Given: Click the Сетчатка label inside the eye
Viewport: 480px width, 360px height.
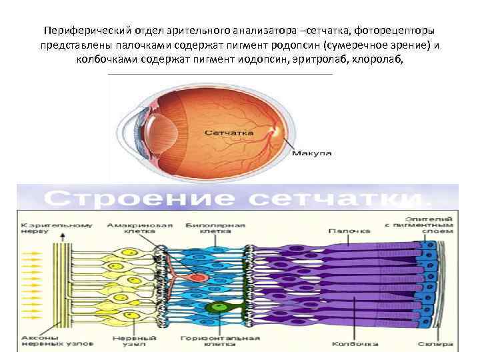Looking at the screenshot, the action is (228, 133).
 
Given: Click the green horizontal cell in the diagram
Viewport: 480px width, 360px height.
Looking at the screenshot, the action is (215, 307).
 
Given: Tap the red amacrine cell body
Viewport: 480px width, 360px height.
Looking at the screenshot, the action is (197, 275).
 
